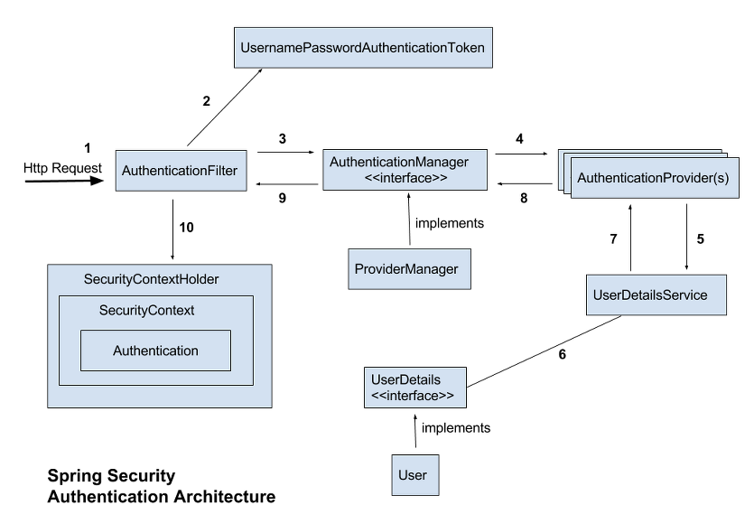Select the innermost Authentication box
pyautogui.click(x=155, y=351)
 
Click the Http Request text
pyautogui.click(x=51, y=168)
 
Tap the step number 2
pyautogui.click(x=206, y=101)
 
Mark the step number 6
pyautogui.click(x=563, y=354)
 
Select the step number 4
pyautogui.click(x=518, y=139)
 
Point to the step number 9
pyautogui.click(x=283, y=199)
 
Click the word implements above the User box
pyautogui.click(x=456, y=427)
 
